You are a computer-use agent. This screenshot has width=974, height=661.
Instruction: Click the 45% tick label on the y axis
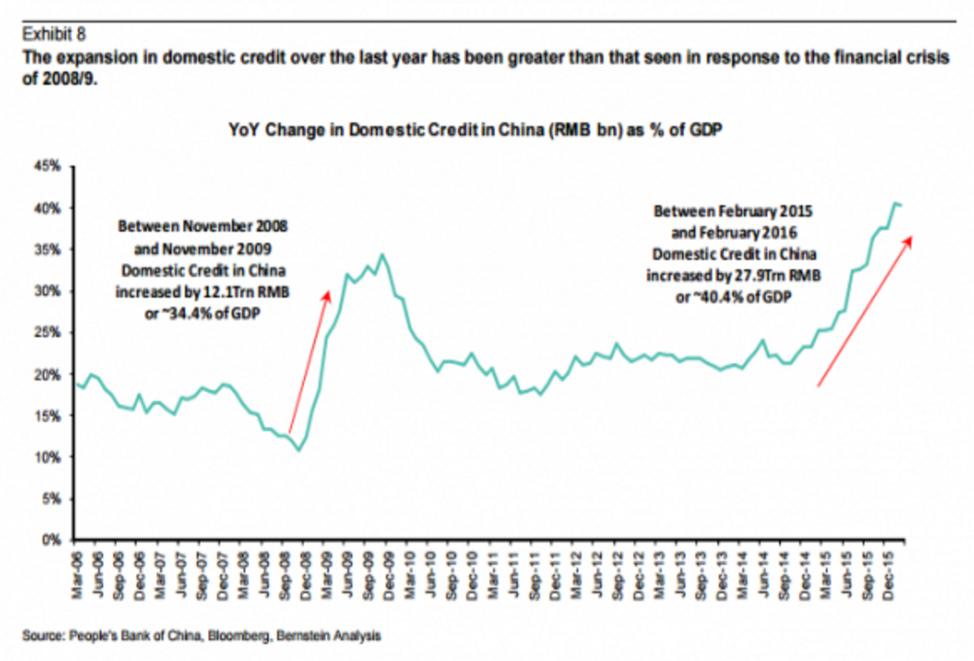[49, 167]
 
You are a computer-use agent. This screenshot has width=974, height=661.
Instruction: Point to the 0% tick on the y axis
[53, 540]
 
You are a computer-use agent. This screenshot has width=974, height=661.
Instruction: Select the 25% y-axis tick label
[49, 333]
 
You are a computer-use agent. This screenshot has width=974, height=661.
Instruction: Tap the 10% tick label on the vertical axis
[49, 458]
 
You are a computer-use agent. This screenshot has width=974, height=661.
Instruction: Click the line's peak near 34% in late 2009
[381, 254]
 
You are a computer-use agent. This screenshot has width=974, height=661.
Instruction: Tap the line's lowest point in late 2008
[299, 449]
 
